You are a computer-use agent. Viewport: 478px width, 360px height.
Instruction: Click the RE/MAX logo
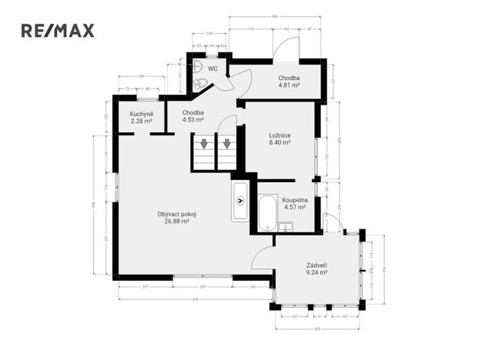tap(57, 31)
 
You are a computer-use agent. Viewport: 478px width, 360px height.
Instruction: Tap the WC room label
tap(212, 68)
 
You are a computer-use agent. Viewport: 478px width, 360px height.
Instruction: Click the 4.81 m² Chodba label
tap(289, 78)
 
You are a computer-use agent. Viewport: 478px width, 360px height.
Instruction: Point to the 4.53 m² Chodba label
tap(192, 113)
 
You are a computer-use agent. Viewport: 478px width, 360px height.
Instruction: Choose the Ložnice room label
tap(279, 135)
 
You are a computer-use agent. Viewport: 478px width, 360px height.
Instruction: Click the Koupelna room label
tap(295, 200)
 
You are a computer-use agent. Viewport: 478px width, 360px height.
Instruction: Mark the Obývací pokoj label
tap(176, 215)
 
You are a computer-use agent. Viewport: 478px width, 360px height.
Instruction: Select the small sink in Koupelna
tap(288, 225)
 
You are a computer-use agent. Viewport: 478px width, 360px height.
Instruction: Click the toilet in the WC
tap(199, 84)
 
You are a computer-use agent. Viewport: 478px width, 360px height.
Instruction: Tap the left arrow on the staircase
tap(204, 143)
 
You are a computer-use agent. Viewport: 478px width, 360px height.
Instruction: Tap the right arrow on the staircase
tap(227, 143)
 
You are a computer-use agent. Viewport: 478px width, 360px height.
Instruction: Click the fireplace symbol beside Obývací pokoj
tap(241, 202)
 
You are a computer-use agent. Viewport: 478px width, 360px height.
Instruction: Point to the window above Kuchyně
tap(147, 97)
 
